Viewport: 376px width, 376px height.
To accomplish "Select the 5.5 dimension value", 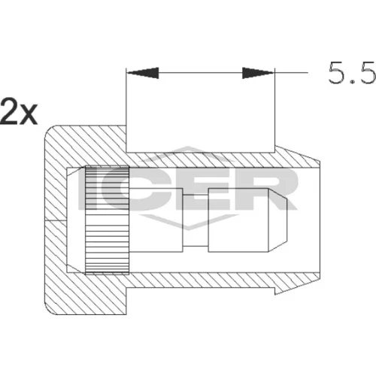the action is [352, 73].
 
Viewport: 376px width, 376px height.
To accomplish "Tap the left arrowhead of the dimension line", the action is [143, 73].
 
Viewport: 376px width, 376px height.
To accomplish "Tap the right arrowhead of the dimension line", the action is [258, 73].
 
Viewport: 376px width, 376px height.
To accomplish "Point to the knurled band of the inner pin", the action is [108, 220].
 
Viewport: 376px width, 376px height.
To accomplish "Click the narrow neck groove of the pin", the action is [196, 220].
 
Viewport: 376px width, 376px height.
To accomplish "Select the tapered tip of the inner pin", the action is [277, 220].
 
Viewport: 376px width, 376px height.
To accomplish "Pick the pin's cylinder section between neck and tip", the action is [238, 220].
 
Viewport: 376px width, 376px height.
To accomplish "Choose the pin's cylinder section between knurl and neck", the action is [156, 220].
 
